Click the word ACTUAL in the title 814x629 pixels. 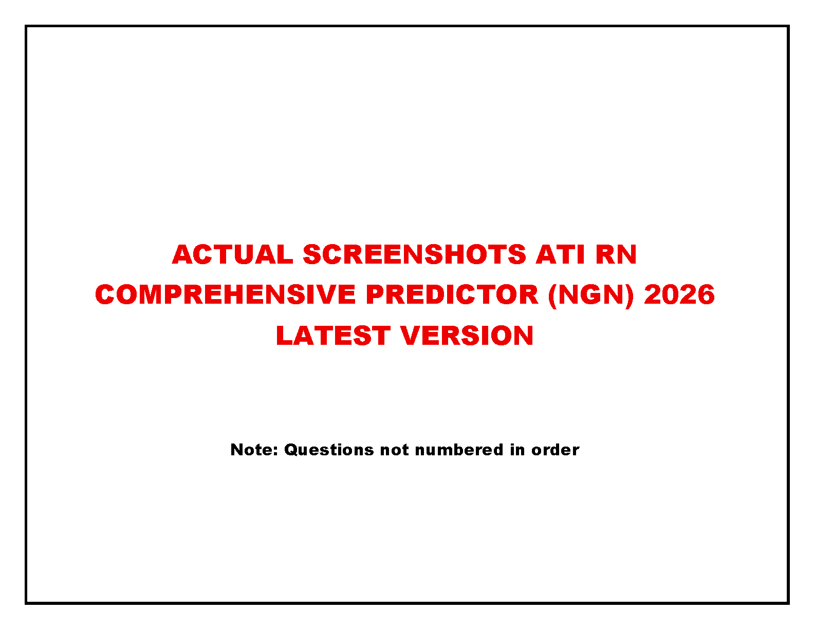tap(232, 254)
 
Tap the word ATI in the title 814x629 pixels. tap(560, 254)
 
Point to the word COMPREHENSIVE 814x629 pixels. tap(225, 294)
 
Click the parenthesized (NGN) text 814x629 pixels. tap(591, 295)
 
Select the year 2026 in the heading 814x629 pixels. tap(679, 294)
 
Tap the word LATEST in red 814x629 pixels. tap(334, 335)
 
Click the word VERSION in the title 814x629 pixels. tap(467, 335)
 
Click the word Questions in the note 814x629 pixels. tap(329, 450)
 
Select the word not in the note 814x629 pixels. tap(394, 450)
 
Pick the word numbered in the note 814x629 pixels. tap(459, 450)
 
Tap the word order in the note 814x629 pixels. tap(555, 450)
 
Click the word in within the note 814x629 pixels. tap(517, 450)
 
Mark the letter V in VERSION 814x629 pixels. tap(412, 335)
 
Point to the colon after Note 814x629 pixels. tap(276, 451)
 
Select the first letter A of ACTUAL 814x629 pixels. tap(182, 254)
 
